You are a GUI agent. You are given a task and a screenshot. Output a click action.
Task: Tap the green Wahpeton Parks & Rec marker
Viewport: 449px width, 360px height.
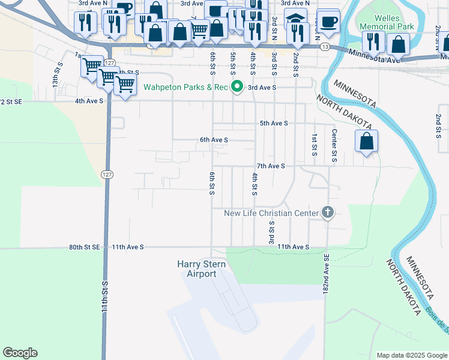click(237, 87)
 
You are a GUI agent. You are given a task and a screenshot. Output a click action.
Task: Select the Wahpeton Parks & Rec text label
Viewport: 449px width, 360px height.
click(185, 88)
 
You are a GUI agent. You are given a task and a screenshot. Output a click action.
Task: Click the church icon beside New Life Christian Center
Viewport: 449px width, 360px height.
click(327, 212)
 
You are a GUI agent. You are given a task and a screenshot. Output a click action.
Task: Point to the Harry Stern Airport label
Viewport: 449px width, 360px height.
click(196, 269)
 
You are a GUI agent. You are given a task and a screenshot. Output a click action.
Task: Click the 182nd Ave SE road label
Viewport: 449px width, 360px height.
click(327, 274)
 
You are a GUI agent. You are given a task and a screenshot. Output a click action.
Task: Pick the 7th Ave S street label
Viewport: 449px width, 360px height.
click(270, 166)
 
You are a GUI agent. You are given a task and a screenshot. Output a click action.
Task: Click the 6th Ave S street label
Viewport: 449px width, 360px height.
click(214, 140)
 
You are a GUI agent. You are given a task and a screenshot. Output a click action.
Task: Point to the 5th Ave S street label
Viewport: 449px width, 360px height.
click(274, 123)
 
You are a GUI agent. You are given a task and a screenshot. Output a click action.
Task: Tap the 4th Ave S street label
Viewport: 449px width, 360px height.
click(89, 101)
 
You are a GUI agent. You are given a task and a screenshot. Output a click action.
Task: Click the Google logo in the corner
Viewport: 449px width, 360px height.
click(20, 353)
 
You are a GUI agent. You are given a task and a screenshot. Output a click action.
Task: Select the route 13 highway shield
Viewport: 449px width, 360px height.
click(324, 46)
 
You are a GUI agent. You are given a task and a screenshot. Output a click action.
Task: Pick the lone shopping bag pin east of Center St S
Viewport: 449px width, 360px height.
click(366, 142)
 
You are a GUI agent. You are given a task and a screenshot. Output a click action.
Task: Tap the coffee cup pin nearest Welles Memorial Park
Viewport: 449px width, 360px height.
click(328, 22)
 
